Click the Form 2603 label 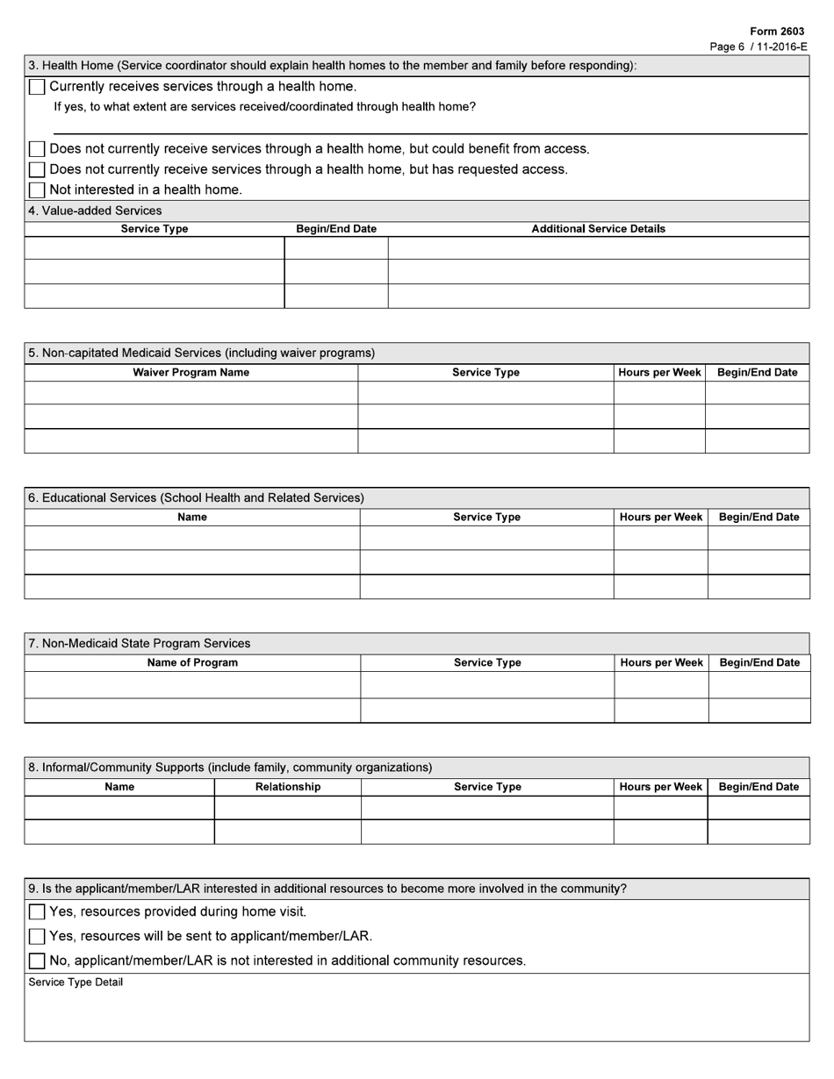coord(777,32)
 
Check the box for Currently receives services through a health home coord(37,87)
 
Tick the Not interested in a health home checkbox coord(37,190)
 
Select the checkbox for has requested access coord(37,169)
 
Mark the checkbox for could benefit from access coord(37,149)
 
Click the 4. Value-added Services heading coord(95,211)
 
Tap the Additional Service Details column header coord(598,229)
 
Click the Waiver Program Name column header coord(191,373)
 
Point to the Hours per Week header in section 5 coord(659,373)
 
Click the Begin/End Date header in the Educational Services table coord(759,518)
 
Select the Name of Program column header coord(192,663)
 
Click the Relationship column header coord(287,788)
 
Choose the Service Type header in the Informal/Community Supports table coord(487,788)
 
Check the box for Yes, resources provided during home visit coord(37,912)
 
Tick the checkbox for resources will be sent coord(37,937)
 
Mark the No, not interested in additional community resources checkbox coord(37,961)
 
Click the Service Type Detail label coord(75,983)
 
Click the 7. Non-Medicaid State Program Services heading coord(139,643)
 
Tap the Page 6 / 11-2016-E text coord(758,46)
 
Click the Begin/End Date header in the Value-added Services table coord(336,229)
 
